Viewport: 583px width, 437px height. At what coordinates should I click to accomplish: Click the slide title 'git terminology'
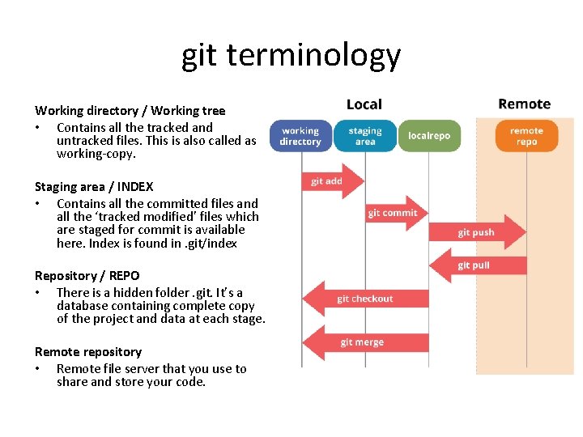[291, 56]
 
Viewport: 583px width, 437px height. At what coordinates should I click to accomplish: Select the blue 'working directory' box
[300, 136]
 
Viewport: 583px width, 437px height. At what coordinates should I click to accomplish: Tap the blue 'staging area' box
[365, 136]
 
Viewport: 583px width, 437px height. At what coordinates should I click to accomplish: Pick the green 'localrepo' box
[428, 136]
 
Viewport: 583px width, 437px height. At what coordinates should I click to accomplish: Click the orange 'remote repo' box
[526, 136]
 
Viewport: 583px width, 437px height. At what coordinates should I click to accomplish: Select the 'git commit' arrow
[395, 213]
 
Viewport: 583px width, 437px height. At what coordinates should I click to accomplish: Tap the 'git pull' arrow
[478, 265]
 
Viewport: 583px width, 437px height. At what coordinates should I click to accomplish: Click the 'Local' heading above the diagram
[364, 104]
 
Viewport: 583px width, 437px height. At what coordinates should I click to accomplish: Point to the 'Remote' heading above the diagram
[524, 104]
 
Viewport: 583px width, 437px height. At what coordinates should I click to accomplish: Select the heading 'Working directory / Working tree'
[130, 110]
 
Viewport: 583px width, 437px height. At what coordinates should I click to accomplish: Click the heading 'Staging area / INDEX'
[94, 187]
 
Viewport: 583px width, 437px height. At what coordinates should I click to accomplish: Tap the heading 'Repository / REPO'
[87, 276]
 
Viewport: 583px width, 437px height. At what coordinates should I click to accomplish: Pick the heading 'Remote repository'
[87, 352]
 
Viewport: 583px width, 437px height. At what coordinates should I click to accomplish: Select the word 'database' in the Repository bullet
[83, 306]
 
